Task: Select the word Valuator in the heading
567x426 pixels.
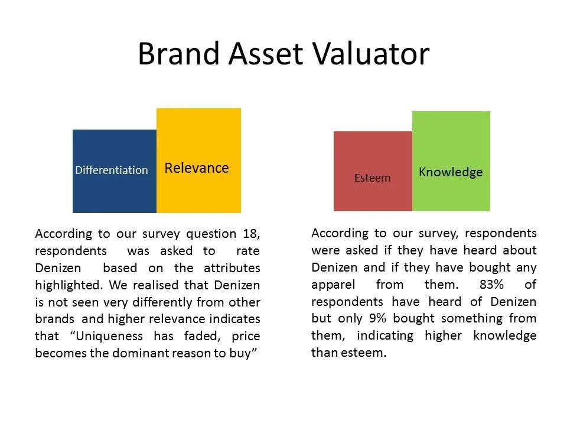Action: [x=370, y=54]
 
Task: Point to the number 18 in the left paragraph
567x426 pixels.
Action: [x=251, y=234]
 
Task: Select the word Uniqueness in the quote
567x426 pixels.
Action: [x=107, y=336]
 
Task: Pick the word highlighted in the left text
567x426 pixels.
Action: [x=69, y=285]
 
